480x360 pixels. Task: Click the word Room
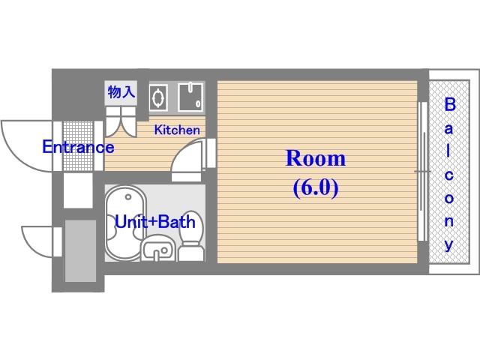click(x=315, y=158)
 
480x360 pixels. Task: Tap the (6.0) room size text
click(x=316, y=187)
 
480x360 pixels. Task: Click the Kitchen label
click(x=177, y=130)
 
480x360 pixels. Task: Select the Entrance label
click(x=78, y=147)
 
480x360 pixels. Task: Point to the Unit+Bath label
click(x=155, y=222)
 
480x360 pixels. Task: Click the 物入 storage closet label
click(x=121, y=91)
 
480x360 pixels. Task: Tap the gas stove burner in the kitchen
click(x=158, y=97)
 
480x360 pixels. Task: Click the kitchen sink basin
click(x=190, y=97)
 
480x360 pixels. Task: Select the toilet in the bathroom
click(x=191, y=235)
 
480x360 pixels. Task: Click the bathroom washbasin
click(x=157, y=248)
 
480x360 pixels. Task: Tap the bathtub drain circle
click(x=128, y=197)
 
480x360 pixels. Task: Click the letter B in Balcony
click(x=449, y=105)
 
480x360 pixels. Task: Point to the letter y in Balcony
click(x=449, y=245)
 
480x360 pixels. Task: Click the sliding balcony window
click(x=423, y=172)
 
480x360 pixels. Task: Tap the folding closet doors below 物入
click(x=121, y=121)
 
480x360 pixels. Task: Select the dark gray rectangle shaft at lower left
click(x=80, y=250)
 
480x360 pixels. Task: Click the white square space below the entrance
click(x=78, y=190)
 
